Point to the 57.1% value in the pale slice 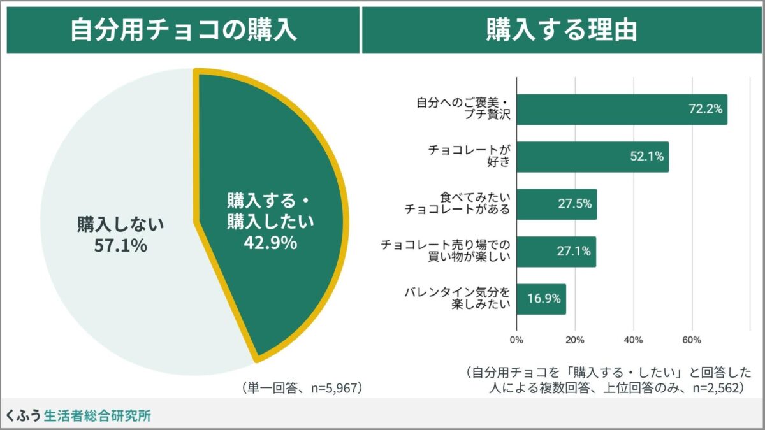click(120, 245)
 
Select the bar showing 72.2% click(622, 109)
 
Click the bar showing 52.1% click(592, 157)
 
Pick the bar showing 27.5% click(557, 204)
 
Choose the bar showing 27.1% click(556, 252)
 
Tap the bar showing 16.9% click(541, 299)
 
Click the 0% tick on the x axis click(516, 340)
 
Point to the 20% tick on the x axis click(575, 340)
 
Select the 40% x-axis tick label click(634, 340)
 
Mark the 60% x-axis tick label click(692, 340)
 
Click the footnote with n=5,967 click(302, 387)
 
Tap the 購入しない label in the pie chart click(120, 224)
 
